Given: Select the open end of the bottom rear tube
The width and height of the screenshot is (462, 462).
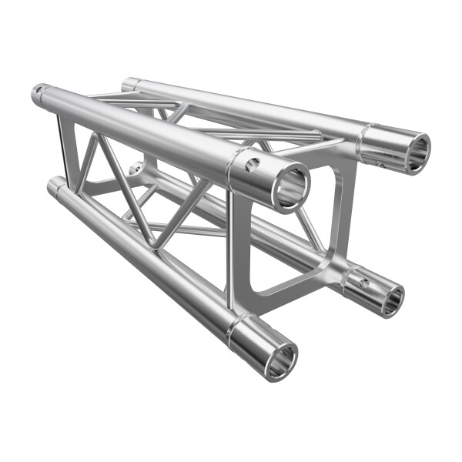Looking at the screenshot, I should point(390,299).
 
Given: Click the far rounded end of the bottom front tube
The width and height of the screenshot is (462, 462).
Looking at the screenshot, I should point(55,185).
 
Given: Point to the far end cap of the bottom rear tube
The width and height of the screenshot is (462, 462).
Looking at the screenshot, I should point(136,167).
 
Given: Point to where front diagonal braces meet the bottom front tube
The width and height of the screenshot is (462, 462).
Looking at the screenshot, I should point(158,248).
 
